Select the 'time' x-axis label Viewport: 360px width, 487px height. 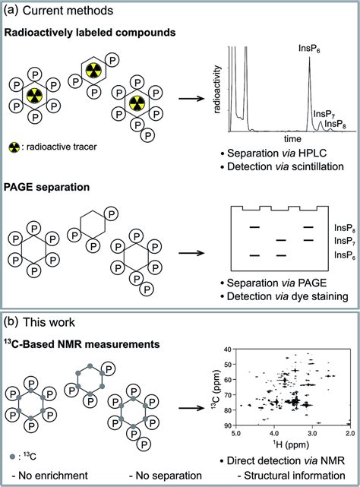(x=270, y=140)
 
